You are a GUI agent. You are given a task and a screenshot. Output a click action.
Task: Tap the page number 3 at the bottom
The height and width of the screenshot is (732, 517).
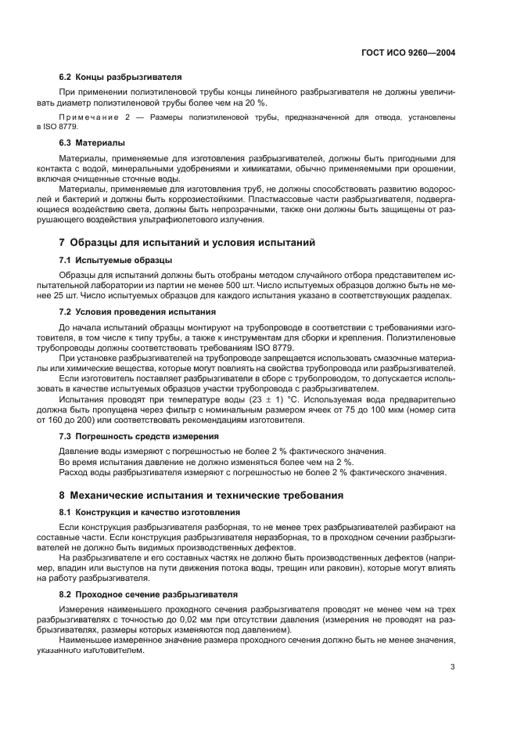point(452,667)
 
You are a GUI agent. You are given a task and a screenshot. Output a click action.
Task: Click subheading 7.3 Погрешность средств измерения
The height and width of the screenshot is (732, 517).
point(139,435)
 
